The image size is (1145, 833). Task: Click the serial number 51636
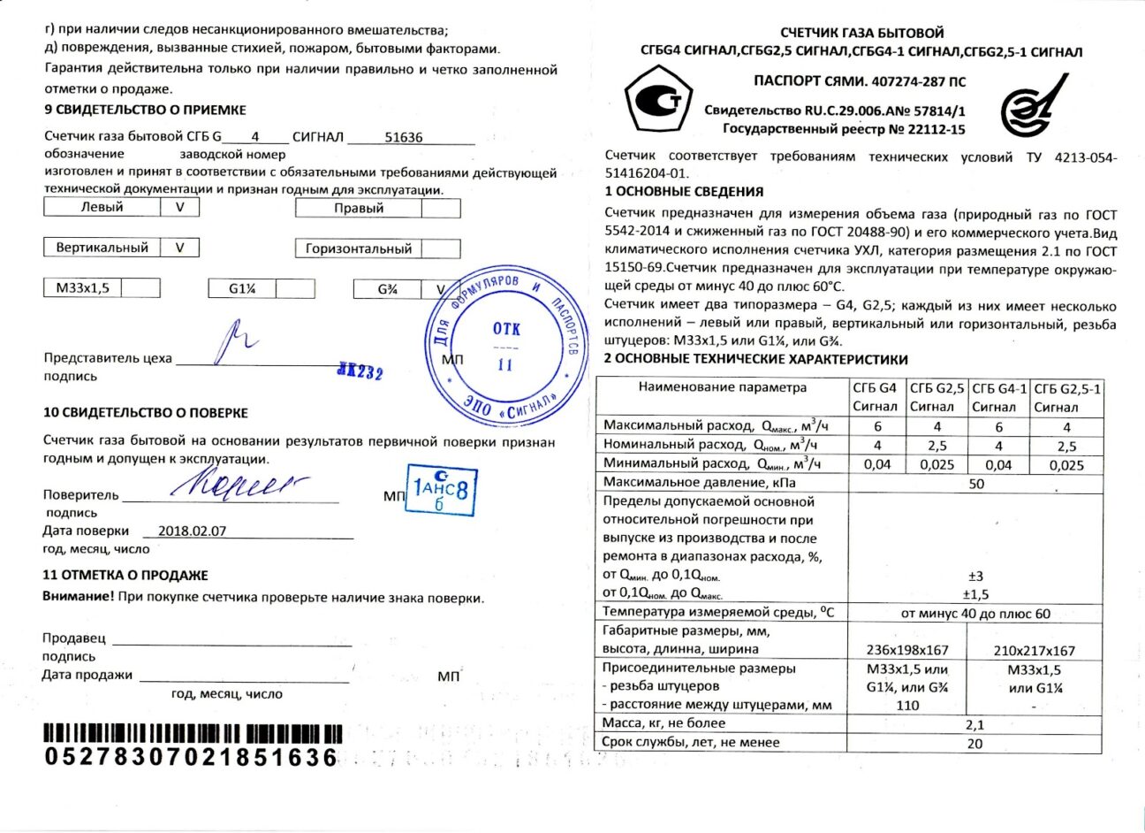[x=405, y=138]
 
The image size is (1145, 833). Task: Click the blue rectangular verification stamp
[x=441, y=491]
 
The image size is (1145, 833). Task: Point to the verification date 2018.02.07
[x=192, y=531]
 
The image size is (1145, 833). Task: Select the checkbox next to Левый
[x=179, y=207]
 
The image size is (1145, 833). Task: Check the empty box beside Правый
[x=440, y=209]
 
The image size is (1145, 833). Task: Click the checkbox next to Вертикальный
[x=179, y=248]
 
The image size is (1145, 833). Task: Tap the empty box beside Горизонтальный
[x=440, y=249]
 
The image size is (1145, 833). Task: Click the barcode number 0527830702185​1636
[x=192, y=757]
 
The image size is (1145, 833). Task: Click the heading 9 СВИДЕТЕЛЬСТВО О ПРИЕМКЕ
[x=145, y=110]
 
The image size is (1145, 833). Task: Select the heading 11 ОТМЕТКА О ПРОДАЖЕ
[x=125, y=575]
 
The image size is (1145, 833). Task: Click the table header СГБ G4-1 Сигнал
[x=998, y=397]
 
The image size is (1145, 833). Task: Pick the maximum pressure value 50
[x=975, y=484]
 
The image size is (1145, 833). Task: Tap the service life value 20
[x=974, y=744]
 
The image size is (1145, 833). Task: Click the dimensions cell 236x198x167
[x=907, y=650]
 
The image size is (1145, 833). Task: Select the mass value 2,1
[x=974, y=724]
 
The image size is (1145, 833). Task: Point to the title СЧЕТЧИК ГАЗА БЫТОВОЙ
[x=862, y=33]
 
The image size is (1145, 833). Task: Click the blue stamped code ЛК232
[x=360, y=371]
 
